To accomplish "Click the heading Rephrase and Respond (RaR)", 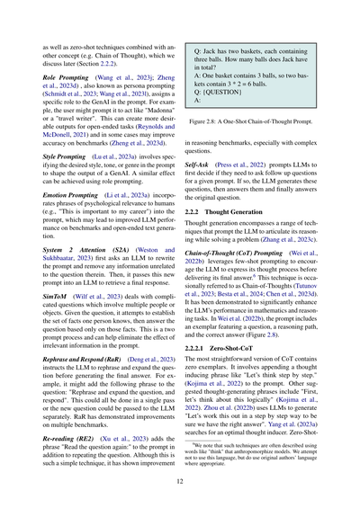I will [85, 382].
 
